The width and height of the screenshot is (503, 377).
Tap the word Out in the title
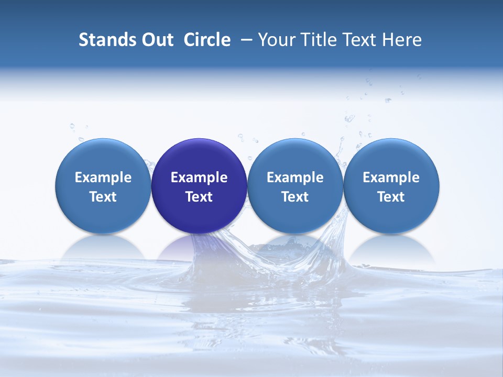pyautogui.click(x=157, y=40)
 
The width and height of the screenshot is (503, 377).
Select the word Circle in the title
pyautogui.click(x=207, y=40)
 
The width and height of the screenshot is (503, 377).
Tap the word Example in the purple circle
pyautogui.click(x=199, y=178)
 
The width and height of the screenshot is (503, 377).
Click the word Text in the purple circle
pyautogui.click(x=199, y=197)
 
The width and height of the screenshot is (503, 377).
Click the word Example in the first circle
pyautogui.click(x=103, y=178)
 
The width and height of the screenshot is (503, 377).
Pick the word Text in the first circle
pyautogui.click(x=103, y=197)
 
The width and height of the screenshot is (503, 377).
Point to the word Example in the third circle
pyautogui.click(x=295, y=178)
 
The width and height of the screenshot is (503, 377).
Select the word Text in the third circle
pyautogui.click(x=295, y=197)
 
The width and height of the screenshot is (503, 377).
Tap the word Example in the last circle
pyautogui.click(x=391, y=178)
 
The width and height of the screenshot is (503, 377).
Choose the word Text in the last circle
pyautogui.click(x=391, y=197)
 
